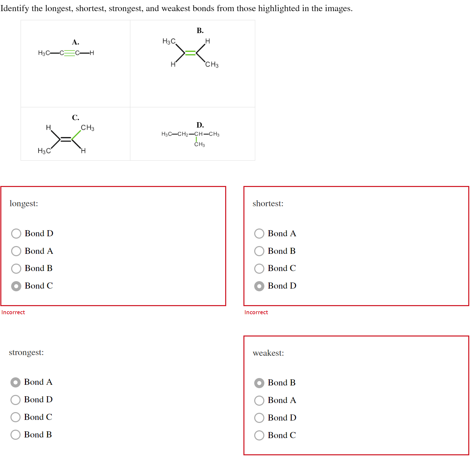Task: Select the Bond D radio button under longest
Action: click(x=16, y=234)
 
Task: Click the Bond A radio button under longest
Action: click(x=16, y=251)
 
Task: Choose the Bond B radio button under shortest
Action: click(x=259, y=251)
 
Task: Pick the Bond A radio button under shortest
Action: click(x=259, y=234)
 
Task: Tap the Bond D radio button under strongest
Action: click(x=16, y=400)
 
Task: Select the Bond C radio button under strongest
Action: click(x=16, y=417)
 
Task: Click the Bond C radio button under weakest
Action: click(x=259, y=435)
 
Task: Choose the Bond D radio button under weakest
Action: click(x=259, y=418)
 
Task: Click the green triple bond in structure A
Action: click(x=70, y=53)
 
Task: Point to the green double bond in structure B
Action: click(x=191, y=53)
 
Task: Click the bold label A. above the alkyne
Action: click(x=76, y=42)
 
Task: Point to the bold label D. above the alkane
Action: click(x=200, y=125)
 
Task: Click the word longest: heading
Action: click(x=24, y=204)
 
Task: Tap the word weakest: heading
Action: click(x=268, y=353)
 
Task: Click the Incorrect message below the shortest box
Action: click(x=256, y=313)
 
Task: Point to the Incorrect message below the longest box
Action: click(x=13, y=313)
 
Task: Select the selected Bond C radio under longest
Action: click(x=16, y=286)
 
